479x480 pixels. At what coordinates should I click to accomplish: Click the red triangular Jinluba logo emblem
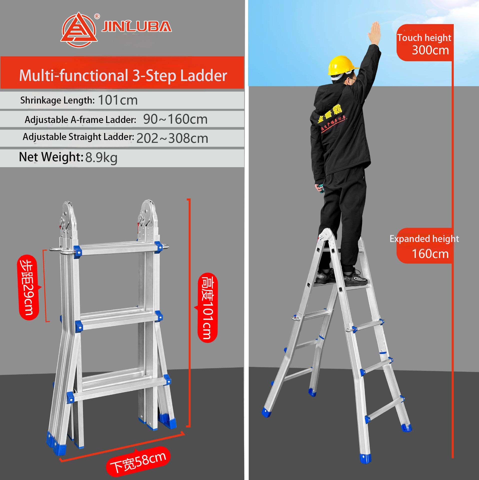tap(79, 30)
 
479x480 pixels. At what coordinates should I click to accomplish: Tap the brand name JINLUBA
tap(136, 26)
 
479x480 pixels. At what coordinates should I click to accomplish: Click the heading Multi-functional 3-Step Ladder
tap(123, 75)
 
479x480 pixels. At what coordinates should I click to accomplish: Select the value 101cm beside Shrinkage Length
tap(118, 100)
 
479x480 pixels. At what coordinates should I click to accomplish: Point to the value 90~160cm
tap(175, 119)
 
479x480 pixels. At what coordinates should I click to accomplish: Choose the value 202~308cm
tap(172, 138)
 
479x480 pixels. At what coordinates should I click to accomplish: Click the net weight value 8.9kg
tap(101, 158)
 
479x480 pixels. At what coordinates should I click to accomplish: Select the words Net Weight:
tap(51, 157)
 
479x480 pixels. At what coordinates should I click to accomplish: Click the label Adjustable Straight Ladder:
tap(78, 137)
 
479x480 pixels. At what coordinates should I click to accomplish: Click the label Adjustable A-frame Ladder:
tap(80, 120)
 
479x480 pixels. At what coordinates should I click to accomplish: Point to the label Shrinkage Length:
tap(57, 100)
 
